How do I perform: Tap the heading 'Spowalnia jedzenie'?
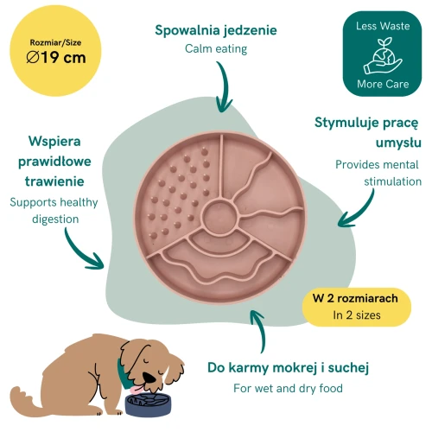pos(216,30)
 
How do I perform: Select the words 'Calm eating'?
pos(216,48)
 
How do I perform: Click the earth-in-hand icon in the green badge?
pos(383,55)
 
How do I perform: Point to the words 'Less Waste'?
pos(383,26)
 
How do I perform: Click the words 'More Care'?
pos(383,84)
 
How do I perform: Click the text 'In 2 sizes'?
pos(357,315)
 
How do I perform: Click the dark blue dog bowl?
pos(148,404)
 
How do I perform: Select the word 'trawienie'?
pos(54,181)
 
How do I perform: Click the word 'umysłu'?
pos(398,143)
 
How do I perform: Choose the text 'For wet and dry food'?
pos(288,388)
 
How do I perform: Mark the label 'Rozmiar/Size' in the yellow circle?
pos(55,42)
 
